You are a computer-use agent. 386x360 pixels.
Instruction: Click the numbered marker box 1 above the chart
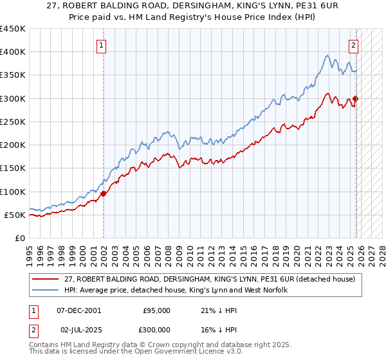pos(103,45)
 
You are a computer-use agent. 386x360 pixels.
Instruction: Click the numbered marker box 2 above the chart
pos(354,45)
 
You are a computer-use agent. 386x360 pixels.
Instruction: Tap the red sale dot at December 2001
pos(104,193)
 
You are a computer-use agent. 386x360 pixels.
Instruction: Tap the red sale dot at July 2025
pos(355,98)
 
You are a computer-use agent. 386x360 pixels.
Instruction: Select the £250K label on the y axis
pos(13,122)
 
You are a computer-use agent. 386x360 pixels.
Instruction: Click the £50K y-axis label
pos(15,215)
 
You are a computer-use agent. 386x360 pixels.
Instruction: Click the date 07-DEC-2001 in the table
pos(78,310)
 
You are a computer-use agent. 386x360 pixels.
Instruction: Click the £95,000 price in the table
pos(156,310)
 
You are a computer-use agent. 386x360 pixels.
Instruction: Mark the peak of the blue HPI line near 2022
pos(327,55)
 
